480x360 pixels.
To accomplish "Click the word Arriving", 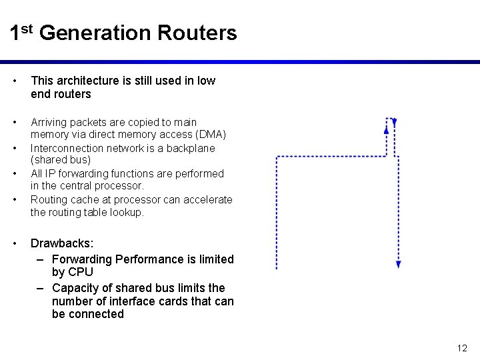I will coord(47,122).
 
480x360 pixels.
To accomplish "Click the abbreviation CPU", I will coord(81,272).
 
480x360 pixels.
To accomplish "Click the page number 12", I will coord(463,348).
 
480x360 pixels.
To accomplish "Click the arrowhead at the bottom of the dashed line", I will coord(398,264).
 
